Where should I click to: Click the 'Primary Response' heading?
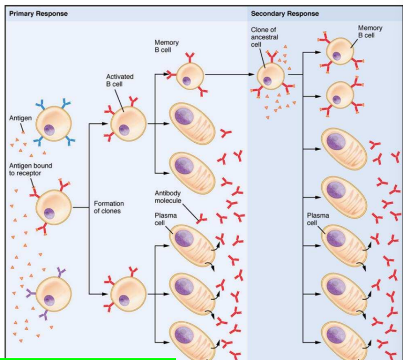(x=38, y=13)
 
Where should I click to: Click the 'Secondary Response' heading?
(x=284, y=13)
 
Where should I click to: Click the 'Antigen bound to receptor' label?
(x=30, y=170)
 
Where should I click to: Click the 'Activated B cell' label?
(x=120, y=80)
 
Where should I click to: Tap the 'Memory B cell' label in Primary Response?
(x=167, y=46)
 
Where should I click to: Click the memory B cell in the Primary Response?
(x=189, y=76)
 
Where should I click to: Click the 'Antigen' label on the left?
(x=20, y=118)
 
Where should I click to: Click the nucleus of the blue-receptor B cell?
(x=50, y=129)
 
